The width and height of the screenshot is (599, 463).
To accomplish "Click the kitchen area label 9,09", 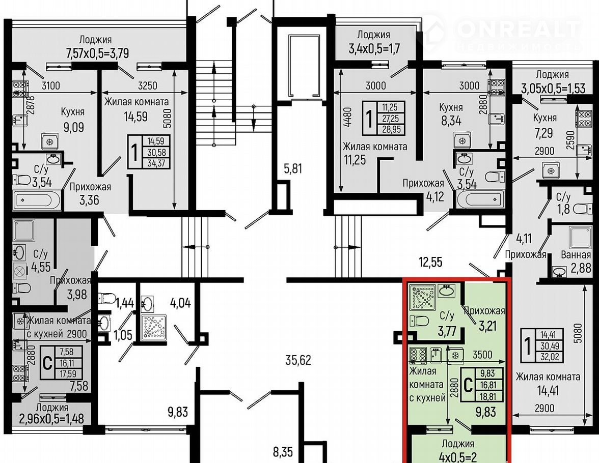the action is (x=74, y=127).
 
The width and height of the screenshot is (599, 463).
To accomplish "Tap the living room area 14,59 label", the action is (x=135, y=116).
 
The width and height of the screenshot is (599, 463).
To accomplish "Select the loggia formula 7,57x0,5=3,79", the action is (x=97, y=53).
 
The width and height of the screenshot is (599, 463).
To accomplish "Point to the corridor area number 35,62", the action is (x=298, y=360).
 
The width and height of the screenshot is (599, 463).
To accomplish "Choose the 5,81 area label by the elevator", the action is (x=292, y=168).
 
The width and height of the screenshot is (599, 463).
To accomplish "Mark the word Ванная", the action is (x=576, y=254).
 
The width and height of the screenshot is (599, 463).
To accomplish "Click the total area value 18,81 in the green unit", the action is (x=487, y=396).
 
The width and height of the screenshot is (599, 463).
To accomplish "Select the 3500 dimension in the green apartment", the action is (x=482, y=355).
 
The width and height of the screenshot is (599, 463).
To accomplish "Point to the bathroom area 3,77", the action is (x=447, y=331).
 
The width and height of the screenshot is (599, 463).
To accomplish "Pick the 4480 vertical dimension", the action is (x=347, y=117).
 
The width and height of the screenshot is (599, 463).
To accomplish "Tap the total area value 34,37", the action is (x=156, y=163).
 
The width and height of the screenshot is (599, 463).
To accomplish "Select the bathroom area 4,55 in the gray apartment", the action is (x=41, y=267).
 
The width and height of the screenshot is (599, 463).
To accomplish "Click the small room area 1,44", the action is (x=124, y=303).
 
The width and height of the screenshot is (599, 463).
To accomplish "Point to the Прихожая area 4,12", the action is (x=435, y=196).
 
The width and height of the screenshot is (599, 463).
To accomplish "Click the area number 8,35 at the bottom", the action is (x=283, y=453).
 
